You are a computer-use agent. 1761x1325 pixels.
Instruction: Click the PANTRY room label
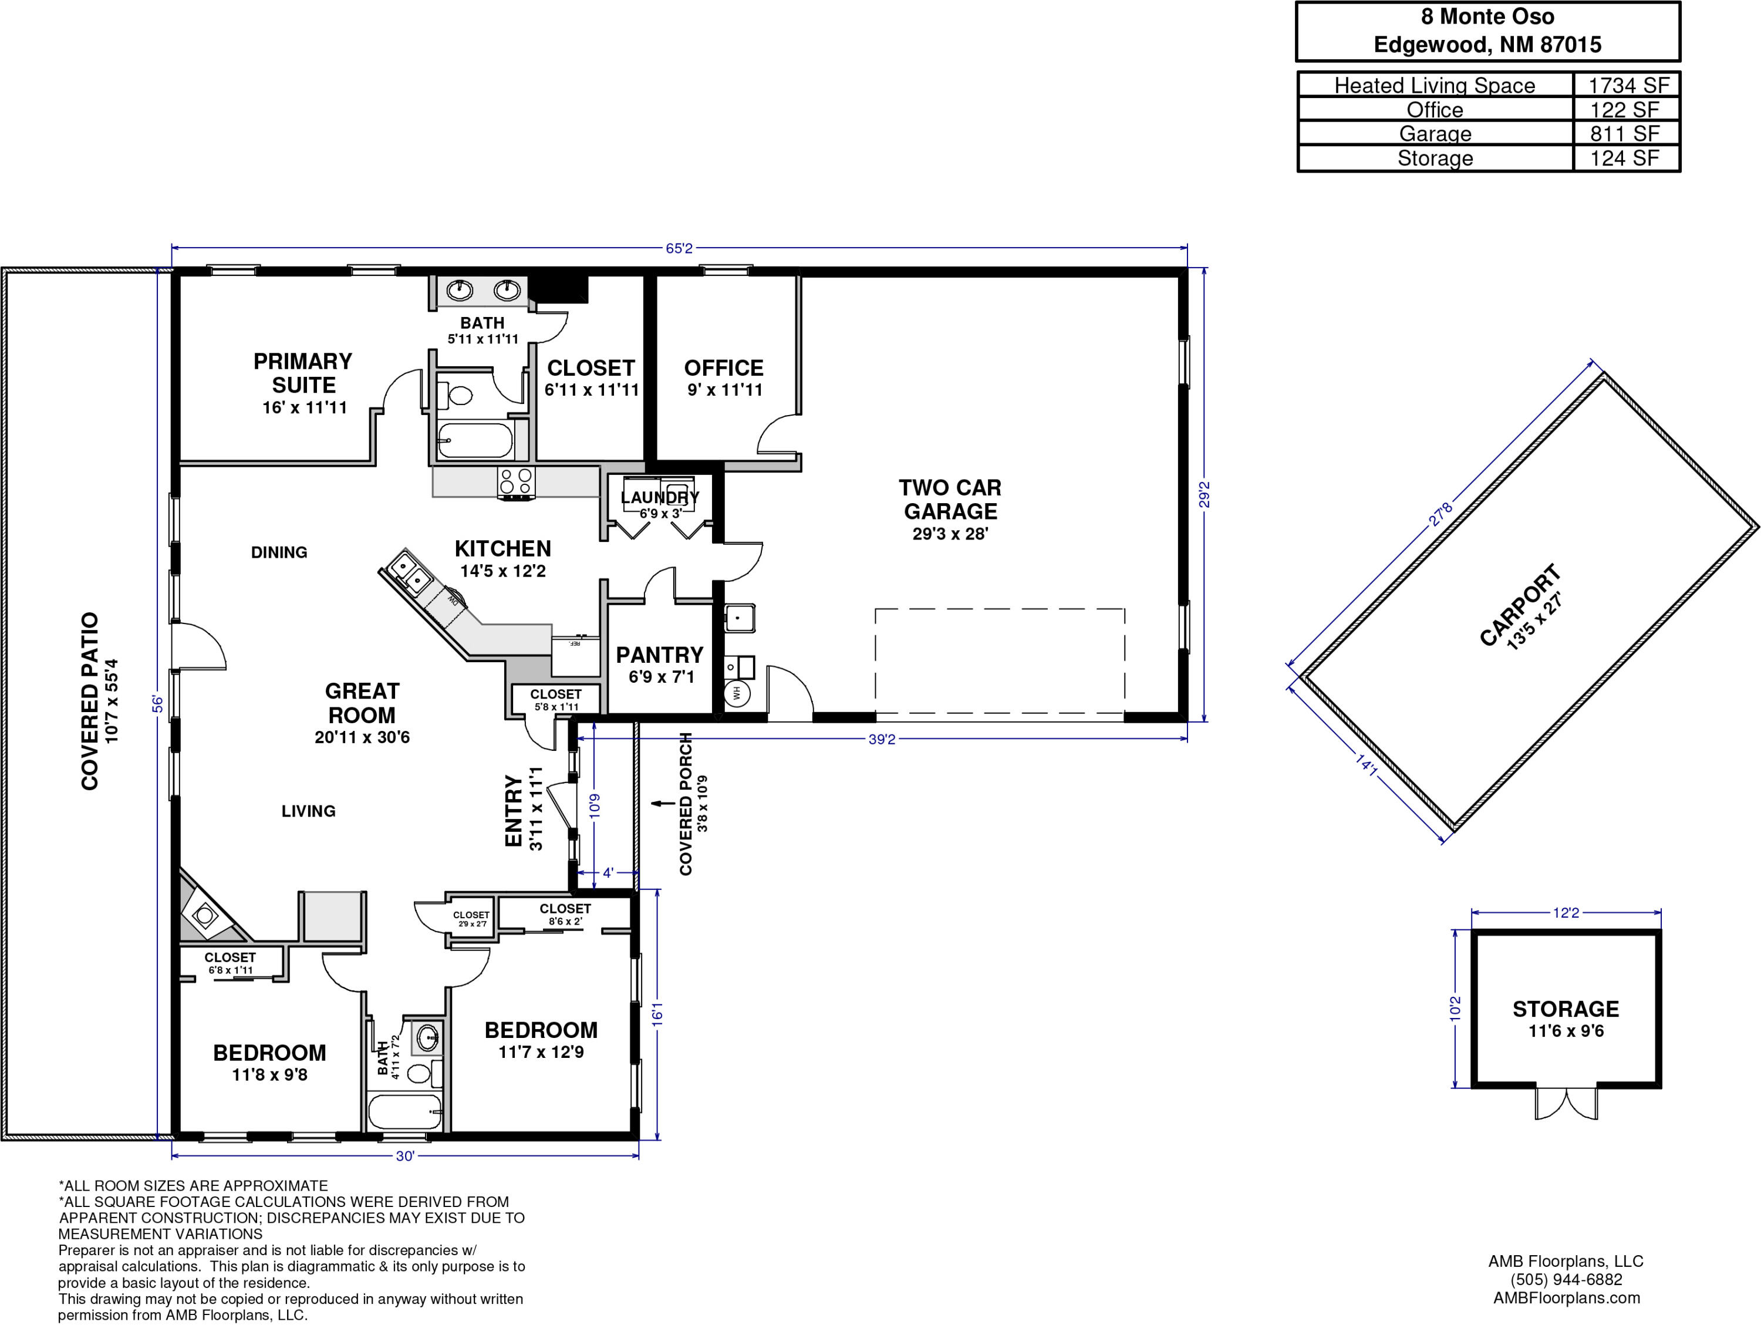[660, 655]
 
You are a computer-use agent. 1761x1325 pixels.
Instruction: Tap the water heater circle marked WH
[737, 693]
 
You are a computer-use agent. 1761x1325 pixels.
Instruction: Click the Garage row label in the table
[1435, 134]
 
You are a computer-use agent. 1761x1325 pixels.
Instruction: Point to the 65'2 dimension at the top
[679, 248]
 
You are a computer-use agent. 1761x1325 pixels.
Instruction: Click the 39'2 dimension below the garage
[882, 739]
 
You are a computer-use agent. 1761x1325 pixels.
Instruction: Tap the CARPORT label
[1520, 605]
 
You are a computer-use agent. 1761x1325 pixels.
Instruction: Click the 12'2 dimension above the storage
[1566, 912]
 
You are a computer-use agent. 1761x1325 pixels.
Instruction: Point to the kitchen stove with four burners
[516, 483]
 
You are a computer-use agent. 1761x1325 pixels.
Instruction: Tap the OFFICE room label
[724, 368]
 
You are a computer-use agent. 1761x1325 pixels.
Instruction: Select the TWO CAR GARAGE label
[950, 499]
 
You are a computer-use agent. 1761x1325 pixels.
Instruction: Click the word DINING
[279, 552]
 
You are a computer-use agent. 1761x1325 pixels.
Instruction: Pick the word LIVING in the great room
[308, 811]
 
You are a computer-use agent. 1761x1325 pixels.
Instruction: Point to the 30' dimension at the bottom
[405, 1156]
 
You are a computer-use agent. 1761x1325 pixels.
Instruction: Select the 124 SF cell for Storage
[1625, 159]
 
